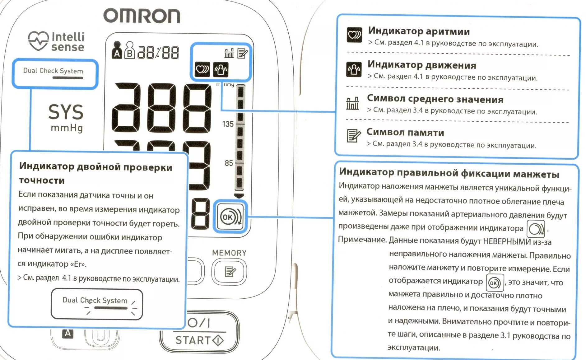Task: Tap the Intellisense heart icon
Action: pos(38,41)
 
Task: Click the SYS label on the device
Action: pos(66,112)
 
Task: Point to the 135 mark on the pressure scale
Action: pos(228,124)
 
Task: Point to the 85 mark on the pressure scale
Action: pos(229,163)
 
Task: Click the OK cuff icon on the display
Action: pos(230,217)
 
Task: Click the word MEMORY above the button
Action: pos(229,253)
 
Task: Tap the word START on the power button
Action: pos(193,340)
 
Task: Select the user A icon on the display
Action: pos(117,50)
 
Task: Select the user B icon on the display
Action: pos(130,50)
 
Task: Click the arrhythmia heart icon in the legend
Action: pos(354,34)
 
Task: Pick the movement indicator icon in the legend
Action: pos(354,69)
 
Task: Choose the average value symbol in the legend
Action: pos(352,103)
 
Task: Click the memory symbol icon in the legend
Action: pos(353,136)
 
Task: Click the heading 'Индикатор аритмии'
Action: pos(419,31)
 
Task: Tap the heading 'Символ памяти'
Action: pos(405,132)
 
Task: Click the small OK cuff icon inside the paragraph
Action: pos(495,283)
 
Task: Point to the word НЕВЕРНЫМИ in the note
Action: pos(507,241)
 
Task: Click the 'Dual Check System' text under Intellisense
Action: pos(53,71)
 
